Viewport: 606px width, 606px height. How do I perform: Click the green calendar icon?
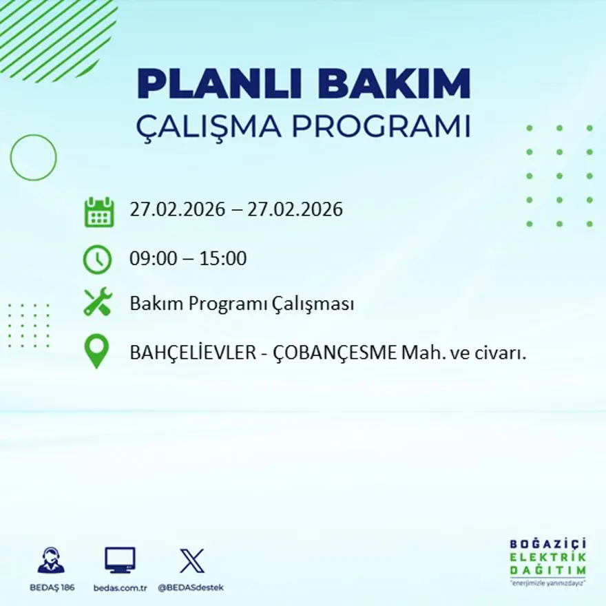(98, 211)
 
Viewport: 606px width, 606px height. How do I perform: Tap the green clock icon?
(97, 260)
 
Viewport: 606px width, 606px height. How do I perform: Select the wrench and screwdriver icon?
(98, 302)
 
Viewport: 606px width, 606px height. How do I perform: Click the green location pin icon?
(96, 351)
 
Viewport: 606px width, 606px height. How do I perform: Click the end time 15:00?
(223, 259)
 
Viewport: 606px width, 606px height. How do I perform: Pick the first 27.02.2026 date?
(177, 209)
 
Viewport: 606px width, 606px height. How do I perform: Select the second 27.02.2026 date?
(295, 209)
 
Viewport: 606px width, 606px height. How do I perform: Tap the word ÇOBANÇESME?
(335, 353)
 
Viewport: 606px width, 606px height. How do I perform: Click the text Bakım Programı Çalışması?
(242, 304)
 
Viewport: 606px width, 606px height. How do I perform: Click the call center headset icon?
(51, 561)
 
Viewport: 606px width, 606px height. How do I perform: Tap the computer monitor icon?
(120, 561)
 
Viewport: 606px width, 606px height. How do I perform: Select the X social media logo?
(191, 561)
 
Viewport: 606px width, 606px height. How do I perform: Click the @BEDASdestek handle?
(191, 587)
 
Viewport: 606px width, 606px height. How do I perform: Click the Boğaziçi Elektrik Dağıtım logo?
(548, 561)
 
